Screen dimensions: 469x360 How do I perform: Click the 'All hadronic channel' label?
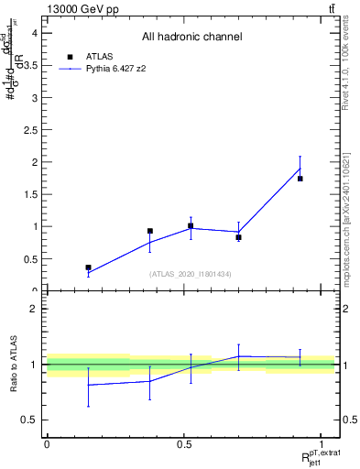(191, 37)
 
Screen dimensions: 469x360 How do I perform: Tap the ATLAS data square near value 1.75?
(300, 179)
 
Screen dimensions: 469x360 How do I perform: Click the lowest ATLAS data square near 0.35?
(88, 267)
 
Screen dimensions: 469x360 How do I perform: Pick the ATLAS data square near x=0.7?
(238, 237)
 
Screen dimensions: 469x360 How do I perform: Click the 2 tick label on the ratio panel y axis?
(34, 309)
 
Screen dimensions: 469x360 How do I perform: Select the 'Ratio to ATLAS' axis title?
(13, 364)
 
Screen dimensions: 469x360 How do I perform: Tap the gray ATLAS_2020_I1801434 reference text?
(191, 274)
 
